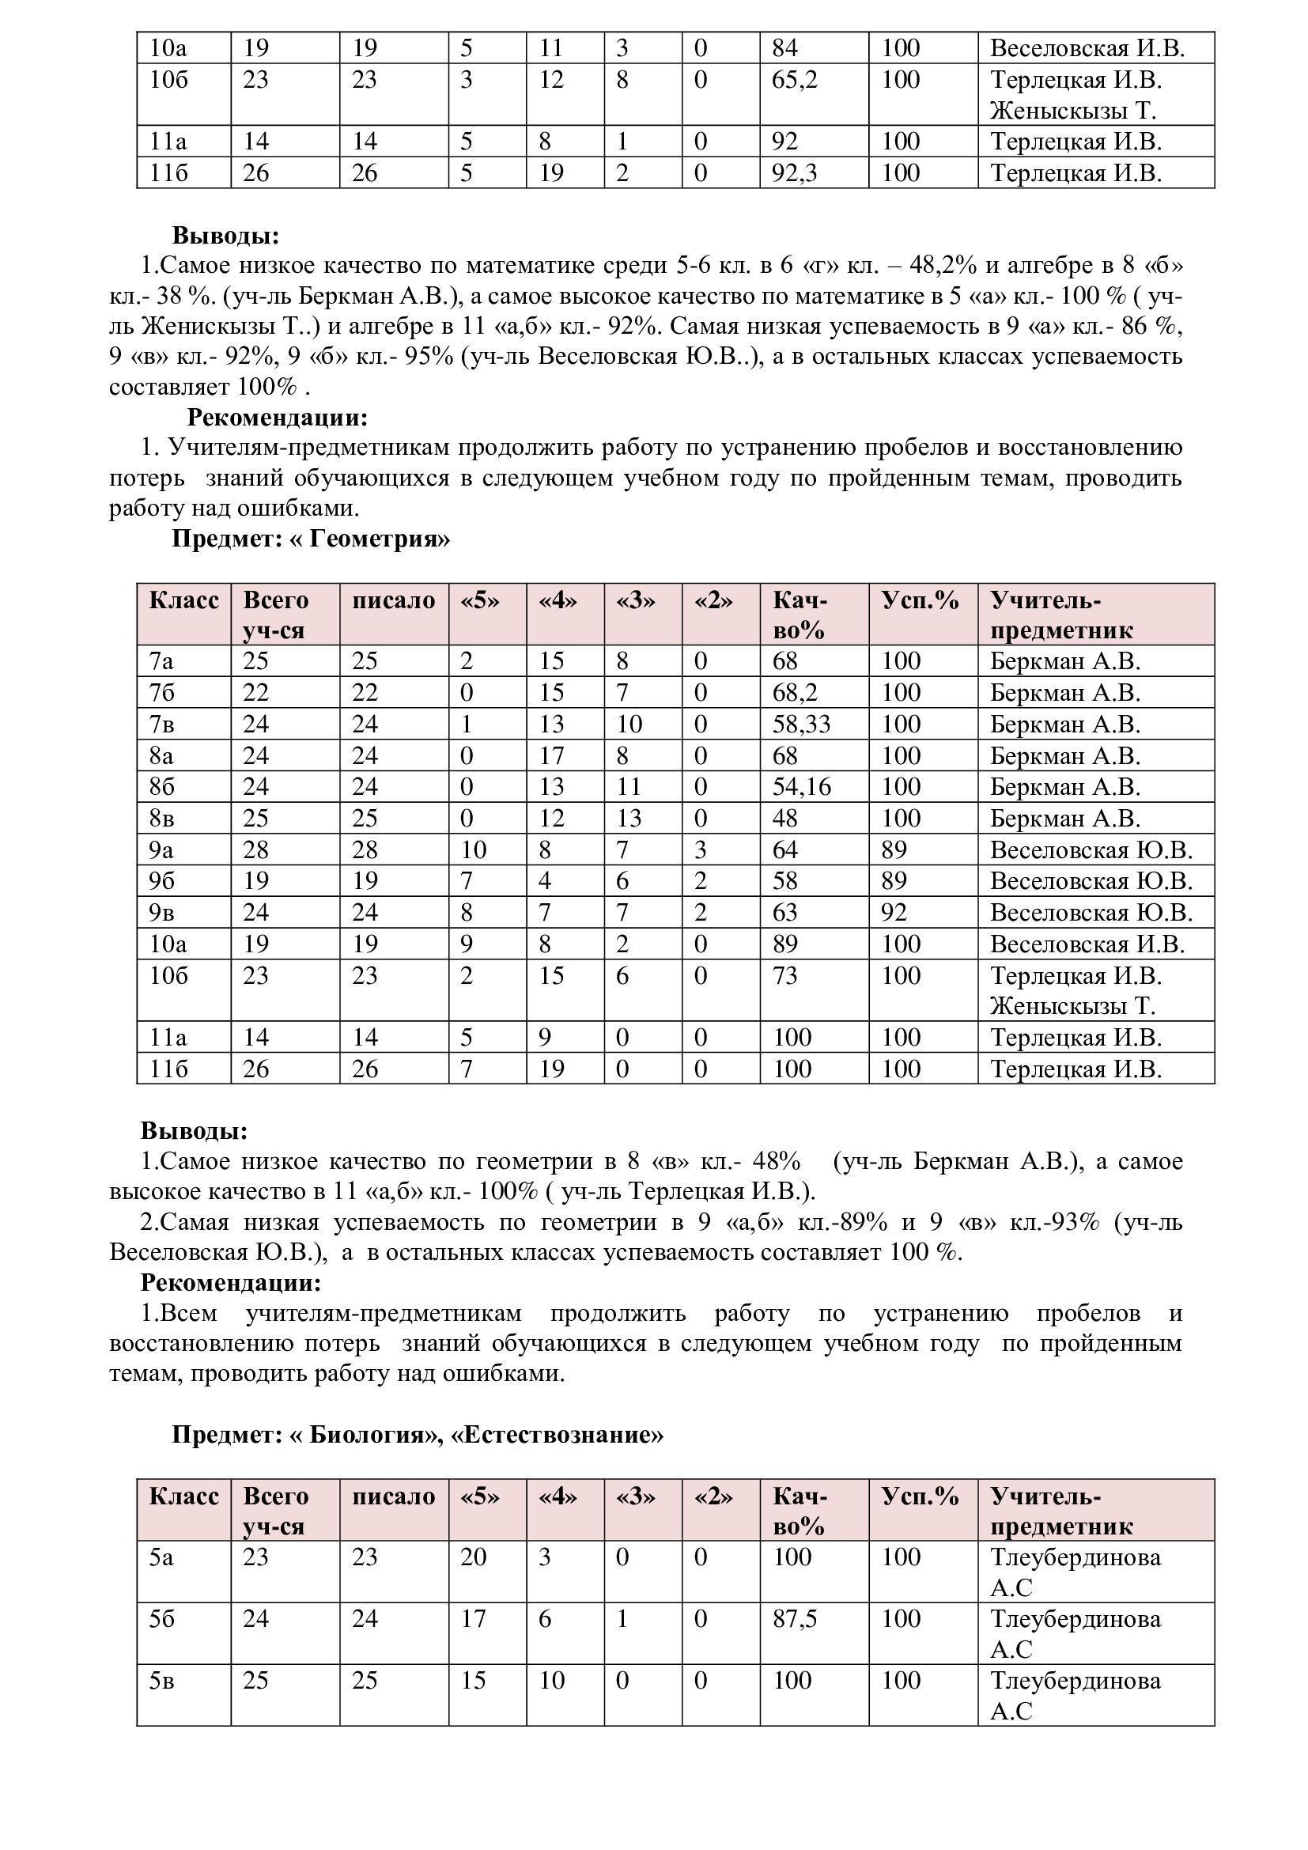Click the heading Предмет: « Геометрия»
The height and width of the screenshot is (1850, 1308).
310,539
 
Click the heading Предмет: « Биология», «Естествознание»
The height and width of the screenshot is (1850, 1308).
418,1435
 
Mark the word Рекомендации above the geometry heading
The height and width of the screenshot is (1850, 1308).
277,418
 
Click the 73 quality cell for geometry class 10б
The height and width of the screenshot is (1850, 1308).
784,976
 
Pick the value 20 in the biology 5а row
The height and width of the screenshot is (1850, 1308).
474,1557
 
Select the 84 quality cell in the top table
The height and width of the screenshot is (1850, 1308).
784,48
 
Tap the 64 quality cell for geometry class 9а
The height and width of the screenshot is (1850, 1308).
784,850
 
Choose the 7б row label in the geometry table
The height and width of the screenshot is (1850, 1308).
162,693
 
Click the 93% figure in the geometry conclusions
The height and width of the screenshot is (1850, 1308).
1076,1222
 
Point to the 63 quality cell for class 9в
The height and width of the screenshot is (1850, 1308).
784,913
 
